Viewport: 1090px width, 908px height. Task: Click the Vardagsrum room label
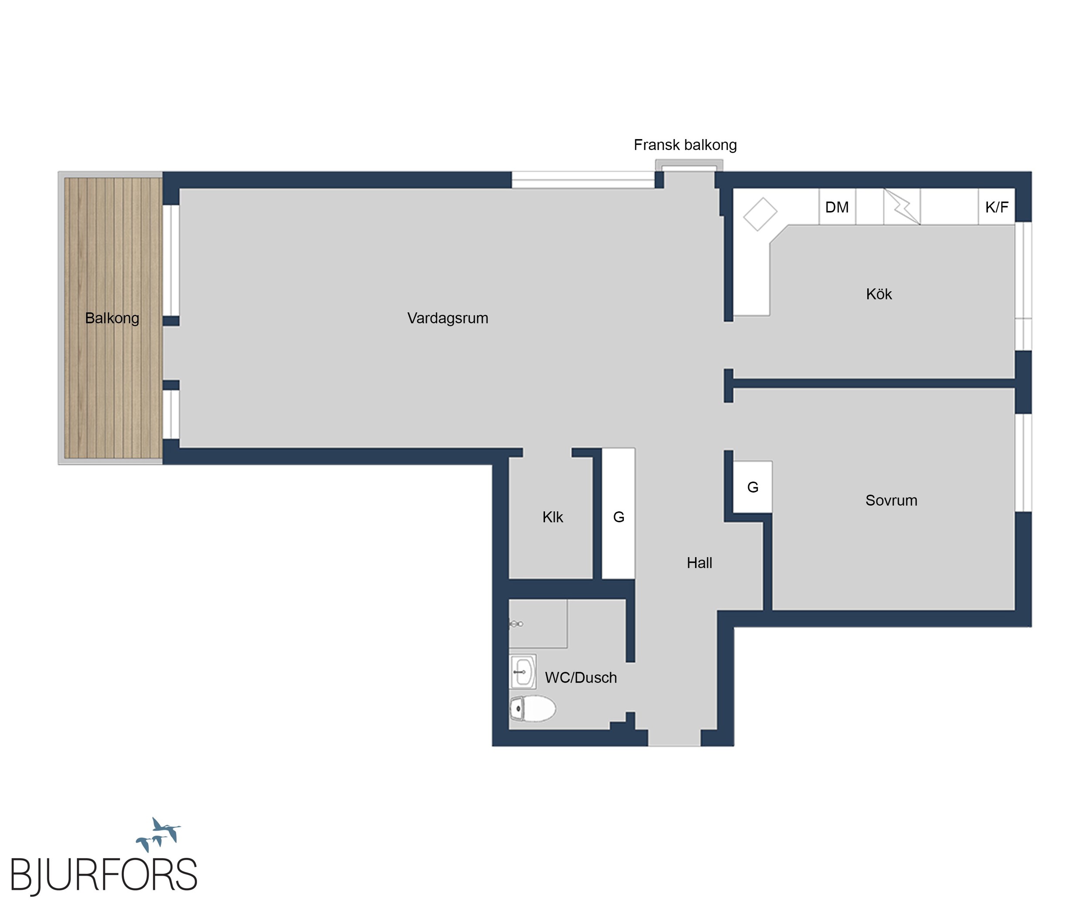pyautogui.click(x=447, y=318)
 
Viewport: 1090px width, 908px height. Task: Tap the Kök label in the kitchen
pyautogui.click(x=879, y=294)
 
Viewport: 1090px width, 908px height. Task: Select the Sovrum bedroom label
pyautogui.click(x=891, y=500)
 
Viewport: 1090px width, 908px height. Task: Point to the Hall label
pyautogui.click(x=699, y=562)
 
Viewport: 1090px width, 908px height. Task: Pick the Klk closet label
pyautogui.click(x=553, y=517)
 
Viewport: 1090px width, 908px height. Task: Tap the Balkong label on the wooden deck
pyautogui.click(x=112, y=318)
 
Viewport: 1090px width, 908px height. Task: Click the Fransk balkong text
pyautogui.click(x=685, y=145)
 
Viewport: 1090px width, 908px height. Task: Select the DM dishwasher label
pyautogui.click(x=837, y=207)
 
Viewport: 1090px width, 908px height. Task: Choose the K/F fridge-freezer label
pyautogui.click(x=997, y=207)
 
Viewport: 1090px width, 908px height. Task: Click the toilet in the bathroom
pyautogui.click(x=532, y=708)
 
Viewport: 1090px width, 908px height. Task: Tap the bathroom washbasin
pyautogui.click(x=523, y=671)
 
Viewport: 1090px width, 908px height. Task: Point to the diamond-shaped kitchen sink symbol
pyautogui.click(x=760, y=214)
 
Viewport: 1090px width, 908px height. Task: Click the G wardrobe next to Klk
pyautogui.click(x=618, y=513)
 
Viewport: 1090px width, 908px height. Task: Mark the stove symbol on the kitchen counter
pyautogui.click(x=902, y=207)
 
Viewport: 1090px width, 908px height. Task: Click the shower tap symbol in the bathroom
pyautogui.click(x=516, y=624)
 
